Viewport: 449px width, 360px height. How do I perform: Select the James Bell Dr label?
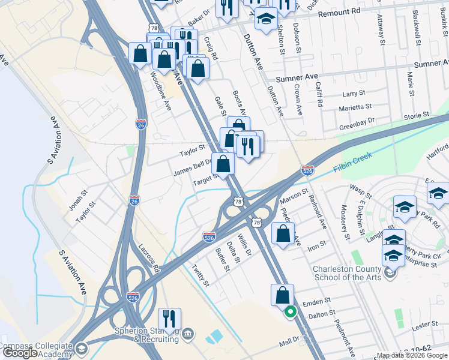click(193, 167)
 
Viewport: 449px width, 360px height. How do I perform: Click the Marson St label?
click(294, 195)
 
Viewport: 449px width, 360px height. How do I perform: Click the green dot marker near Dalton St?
click(290, 312)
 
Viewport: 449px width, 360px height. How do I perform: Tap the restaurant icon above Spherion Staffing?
click(169, 319)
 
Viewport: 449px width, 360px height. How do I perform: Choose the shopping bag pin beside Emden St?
click(282, 295)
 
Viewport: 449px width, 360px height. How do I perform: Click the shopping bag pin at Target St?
click(223, 163)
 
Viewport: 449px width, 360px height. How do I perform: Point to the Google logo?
click(20, 353)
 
